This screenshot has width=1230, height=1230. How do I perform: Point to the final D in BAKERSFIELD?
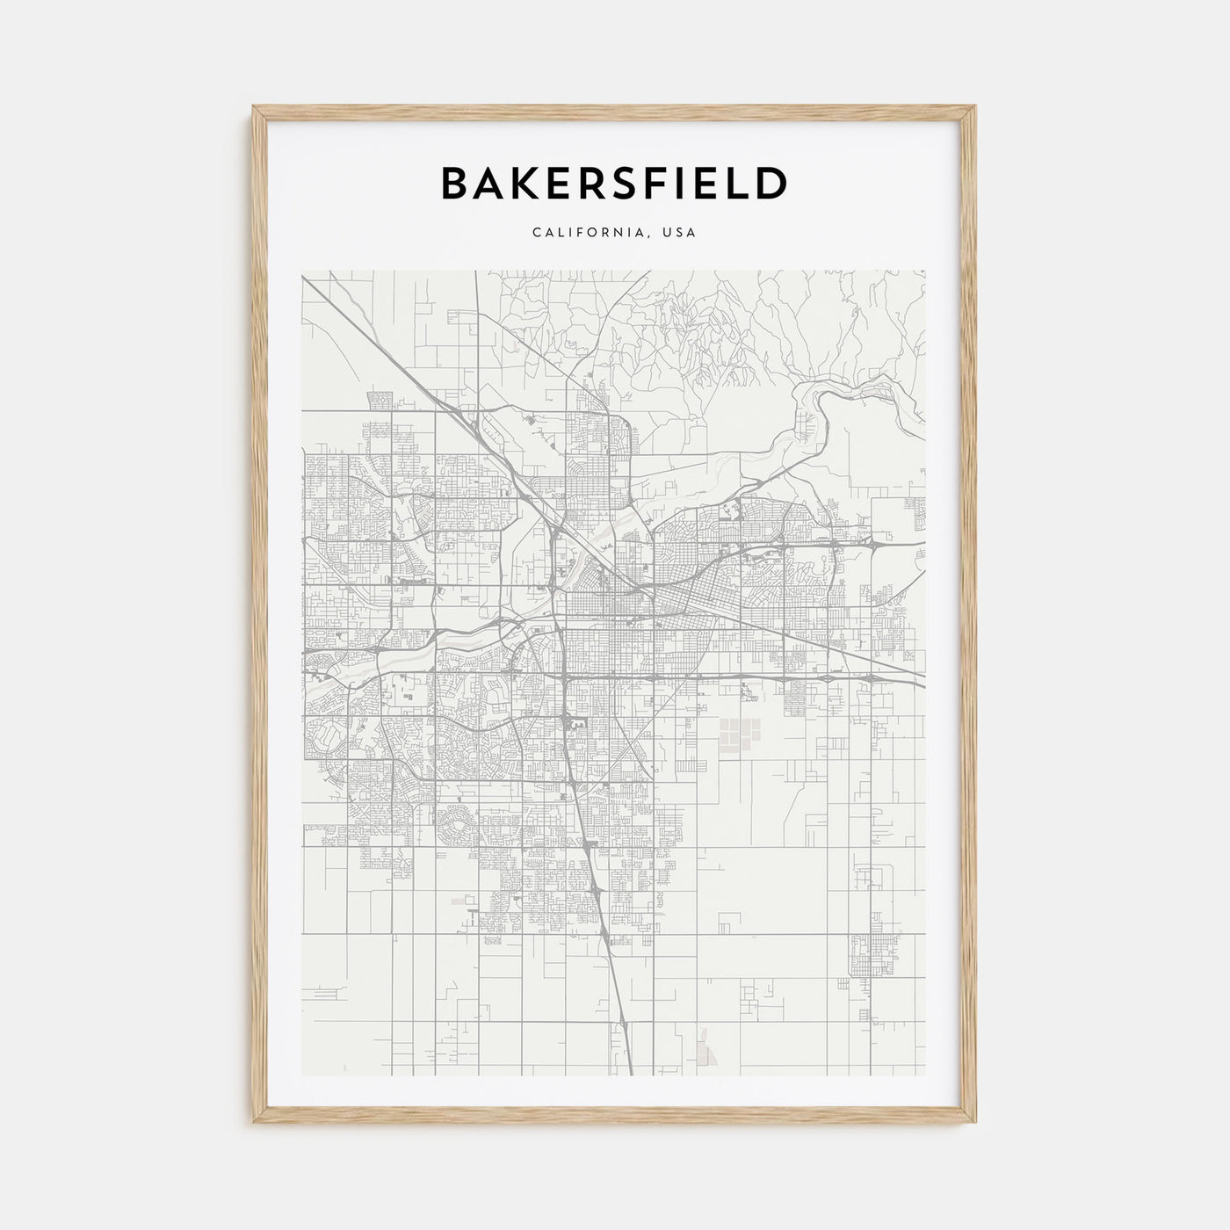click(771, 184)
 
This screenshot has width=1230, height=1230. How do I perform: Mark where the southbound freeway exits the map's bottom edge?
click(631, 1074)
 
